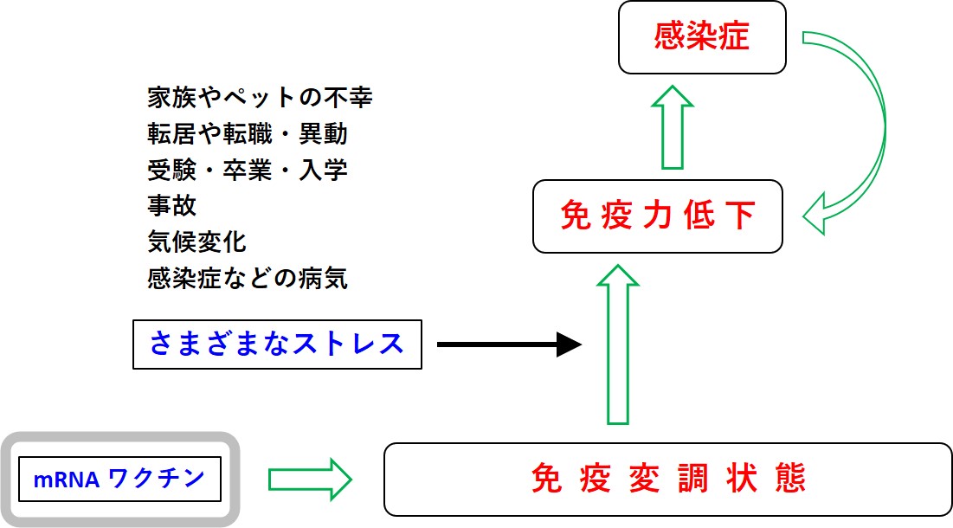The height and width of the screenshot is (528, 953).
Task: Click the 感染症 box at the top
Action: tap(702, 37)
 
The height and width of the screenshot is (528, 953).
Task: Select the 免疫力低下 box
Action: tap(657, 216)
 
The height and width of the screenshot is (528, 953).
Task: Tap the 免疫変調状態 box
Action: tap(667, 479)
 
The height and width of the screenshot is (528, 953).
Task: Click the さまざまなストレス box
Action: tap(277, 344)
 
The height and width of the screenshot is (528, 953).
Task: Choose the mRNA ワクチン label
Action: tap(120, 478)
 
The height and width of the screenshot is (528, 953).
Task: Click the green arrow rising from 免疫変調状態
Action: tap(618, 346)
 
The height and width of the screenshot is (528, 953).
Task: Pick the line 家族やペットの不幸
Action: tap(260, 97)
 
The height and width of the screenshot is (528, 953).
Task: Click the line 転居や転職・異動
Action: tap(248, 133)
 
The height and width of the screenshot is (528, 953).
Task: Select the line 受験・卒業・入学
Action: tap(248, 170)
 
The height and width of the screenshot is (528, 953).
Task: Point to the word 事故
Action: tap(172, 206)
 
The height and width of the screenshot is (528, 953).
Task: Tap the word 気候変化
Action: tap(197, 242)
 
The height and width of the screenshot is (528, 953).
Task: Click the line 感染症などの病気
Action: tap(248, 279)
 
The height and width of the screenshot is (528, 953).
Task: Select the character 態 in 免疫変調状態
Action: tap(791, 479)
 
